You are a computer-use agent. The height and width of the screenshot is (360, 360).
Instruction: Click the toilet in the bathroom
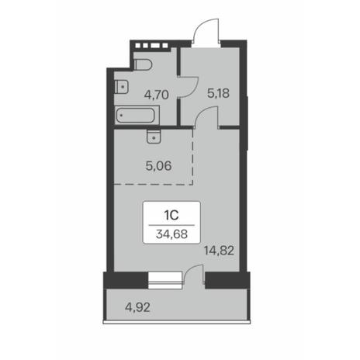click(143, 64)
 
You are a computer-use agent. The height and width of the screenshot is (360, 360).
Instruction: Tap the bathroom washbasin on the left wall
click(122, 87)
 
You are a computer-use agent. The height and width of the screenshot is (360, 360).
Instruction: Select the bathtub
click(135, 116)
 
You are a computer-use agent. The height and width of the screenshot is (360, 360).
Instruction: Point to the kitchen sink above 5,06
click(154, 137)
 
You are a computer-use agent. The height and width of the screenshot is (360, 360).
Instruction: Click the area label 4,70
click(157, 95)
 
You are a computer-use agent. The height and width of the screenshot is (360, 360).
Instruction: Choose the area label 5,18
click(218, 93)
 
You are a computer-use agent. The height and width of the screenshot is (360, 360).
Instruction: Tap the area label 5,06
click(158, 166)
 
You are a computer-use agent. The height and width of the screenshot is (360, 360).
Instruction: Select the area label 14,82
click(219, 251)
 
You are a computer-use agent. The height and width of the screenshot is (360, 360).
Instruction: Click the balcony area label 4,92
click(137, 307)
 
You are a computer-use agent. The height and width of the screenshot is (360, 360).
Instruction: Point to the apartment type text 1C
click(171, 215)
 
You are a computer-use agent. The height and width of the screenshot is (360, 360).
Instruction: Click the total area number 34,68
click(171, 234)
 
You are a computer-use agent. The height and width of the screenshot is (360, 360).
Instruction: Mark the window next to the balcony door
click(166, 280)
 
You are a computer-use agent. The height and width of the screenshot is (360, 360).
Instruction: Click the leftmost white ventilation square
click(138, 46)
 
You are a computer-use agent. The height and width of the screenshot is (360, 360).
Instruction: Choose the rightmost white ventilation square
click(165, 46)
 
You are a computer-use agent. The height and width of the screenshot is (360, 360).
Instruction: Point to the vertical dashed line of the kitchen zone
click(193, 157)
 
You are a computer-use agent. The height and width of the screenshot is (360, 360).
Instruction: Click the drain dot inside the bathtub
click(121, 116)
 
